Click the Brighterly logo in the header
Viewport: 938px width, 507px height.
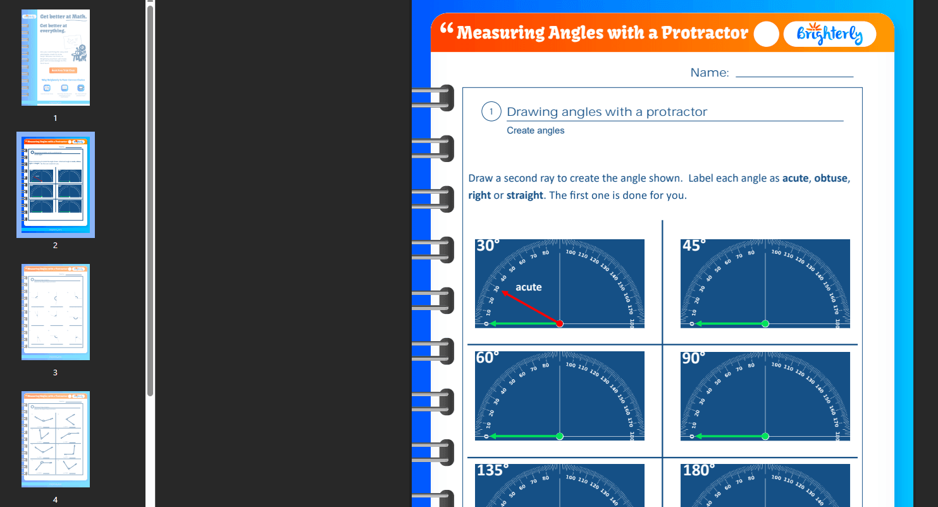(x=829, y=34)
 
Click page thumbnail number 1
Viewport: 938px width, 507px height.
(x=56, y=58)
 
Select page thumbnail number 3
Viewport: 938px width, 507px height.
(x=56, y=312)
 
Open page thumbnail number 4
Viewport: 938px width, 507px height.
(x=56, y=439)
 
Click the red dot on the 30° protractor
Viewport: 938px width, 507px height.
(x=559, y=323)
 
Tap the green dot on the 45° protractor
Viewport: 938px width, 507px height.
(x=765, y=323)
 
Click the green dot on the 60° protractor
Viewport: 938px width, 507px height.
(x=559, y=436)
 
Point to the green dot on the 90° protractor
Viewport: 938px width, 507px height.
(x=765, y=436)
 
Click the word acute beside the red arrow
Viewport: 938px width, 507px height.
(x=529, y=287)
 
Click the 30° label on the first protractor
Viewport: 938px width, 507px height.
(x=488, y=246)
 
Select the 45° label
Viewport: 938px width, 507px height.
(x=694, y=246)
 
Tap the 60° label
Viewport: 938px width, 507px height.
(x=488, y=358)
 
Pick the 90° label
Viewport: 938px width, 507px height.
(x=694, y=358)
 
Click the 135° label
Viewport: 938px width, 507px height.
(x=493, y=470)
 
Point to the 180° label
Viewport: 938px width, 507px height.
(x=699, y=470)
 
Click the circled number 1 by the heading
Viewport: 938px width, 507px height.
(x=491, y=111)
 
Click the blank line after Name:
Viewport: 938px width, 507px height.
(x=794, y=75)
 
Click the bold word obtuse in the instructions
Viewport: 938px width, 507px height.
(x=830, y=178)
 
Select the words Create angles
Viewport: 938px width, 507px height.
(x=536, y=131)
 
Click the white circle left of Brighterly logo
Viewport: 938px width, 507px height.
(x=766, y=34)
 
